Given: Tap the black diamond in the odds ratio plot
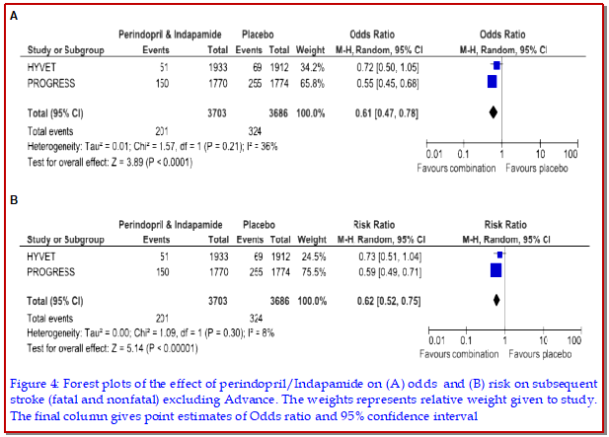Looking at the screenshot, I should coord(494,113).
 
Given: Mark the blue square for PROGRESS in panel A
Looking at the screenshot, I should coord(493,82).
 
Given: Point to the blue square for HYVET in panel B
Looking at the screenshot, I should coord(499,255).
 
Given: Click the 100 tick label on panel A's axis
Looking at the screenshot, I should coord(571,155).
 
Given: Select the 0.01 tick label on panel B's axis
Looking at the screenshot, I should coord(434,339).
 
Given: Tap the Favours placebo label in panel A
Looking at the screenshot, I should coord(541,168).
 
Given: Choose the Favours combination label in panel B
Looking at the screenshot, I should coord(459,352).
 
